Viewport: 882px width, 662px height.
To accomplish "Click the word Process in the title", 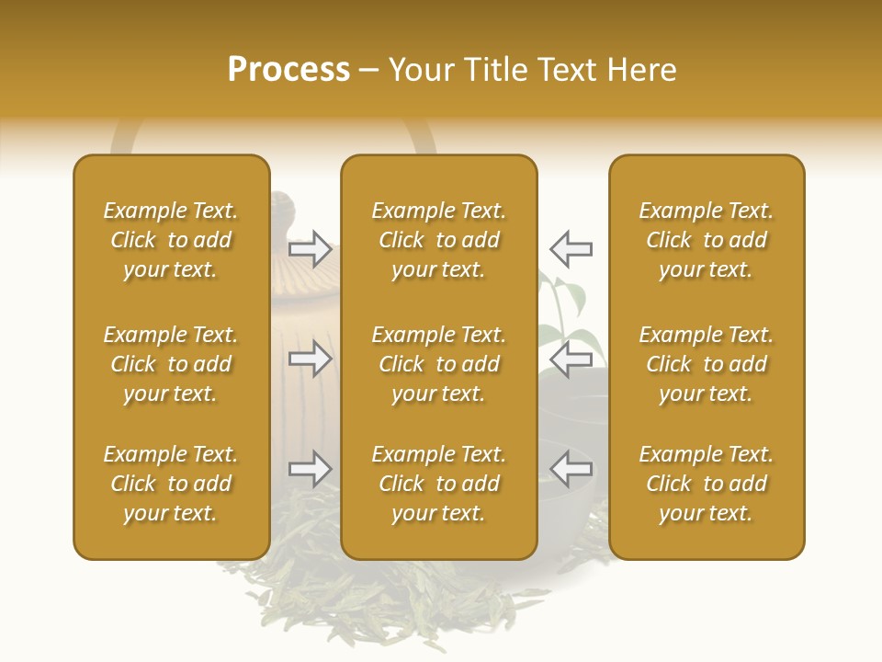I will [x=288, y=70].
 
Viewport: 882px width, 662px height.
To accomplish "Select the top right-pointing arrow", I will [x=310, y=249].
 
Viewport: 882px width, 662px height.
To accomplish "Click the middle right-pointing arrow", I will [x=310, y=358].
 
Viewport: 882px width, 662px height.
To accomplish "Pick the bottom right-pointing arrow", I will [x=310, y=469].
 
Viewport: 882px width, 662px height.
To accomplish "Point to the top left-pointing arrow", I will [x=571, y=248].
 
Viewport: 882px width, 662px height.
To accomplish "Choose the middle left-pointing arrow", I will [x=571, y=358].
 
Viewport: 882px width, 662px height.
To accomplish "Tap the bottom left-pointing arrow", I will [x=571, y=468].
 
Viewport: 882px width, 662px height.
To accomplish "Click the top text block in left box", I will [x=171, y=240].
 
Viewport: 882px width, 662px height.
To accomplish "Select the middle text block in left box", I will [x=171, y=364].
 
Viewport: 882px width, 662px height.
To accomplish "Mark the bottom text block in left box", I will [x=171, y=484].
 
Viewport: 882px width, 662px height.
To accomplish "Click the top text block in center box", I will [x=438, y=240].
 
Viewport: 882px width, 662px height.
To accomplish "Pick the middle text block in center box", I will [x=438, y=364].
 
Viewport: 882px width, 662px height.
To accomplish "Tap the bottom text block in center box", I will [x=438, y=484].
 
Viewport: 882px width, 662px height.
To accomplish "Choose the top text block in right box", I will [x=706, y=240].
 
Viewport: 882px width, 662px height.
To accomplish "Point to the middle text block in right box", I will [x=706, y=364].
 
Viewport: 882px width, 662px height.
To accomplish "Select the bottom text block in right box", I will [x=706, y=484].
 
